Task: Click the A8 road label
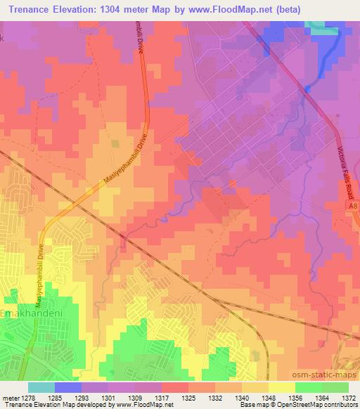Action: tap(352, 206)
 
